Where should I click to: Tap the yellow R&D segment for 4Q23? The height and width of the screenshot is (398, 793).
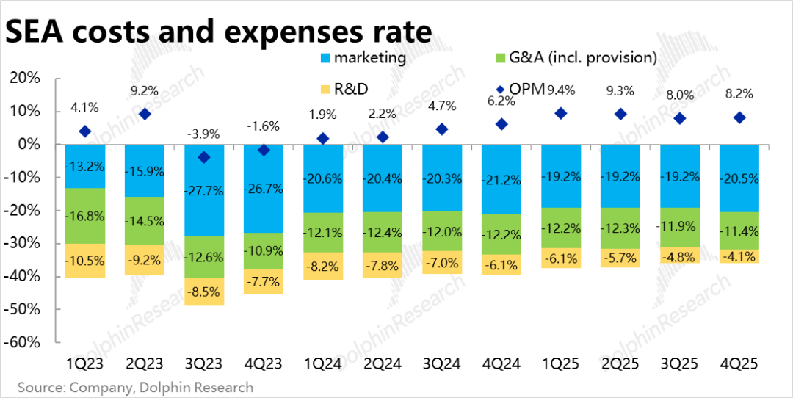[263, 281]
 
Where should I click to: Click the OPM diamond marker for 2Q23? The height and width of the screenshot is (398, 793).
[145, 114]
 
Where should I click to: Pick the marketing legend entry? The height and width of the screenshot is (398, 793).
[363, 57]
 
